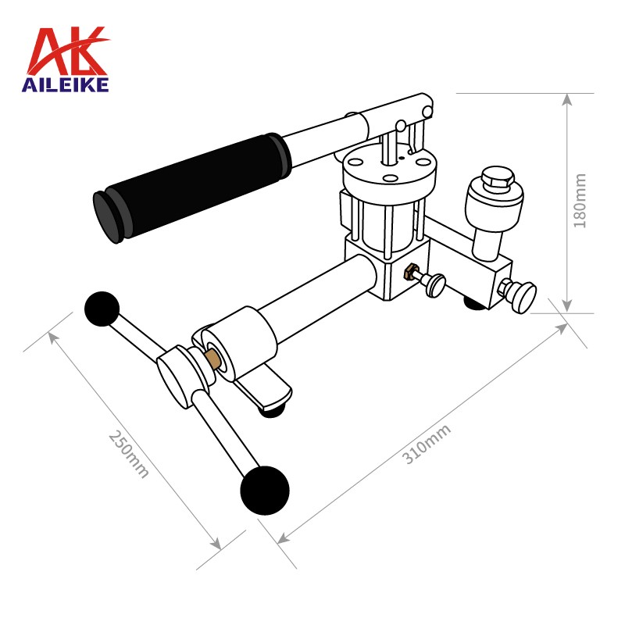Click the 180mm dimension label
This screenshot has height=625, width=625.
(580, 201)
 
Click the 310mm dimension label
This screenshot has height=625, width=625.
(426, 444)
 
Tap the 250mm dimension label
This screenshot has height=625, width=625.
(129, 454)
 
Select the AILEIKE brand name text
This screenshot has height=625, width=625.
(65, 84)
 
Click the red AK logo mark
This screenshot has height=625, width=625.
(67, 51)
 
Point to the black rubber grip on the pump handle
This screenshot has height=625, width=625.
(191, 187)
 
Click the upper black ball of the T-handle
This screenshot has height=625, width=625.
(102, 309)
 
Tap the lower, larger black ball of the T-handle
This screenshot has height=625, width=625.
(265, 491)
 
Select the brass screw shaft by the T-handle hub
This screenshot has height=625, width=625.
(213, 358)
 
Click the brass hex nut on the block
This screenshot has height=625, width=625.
(409, 272)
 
